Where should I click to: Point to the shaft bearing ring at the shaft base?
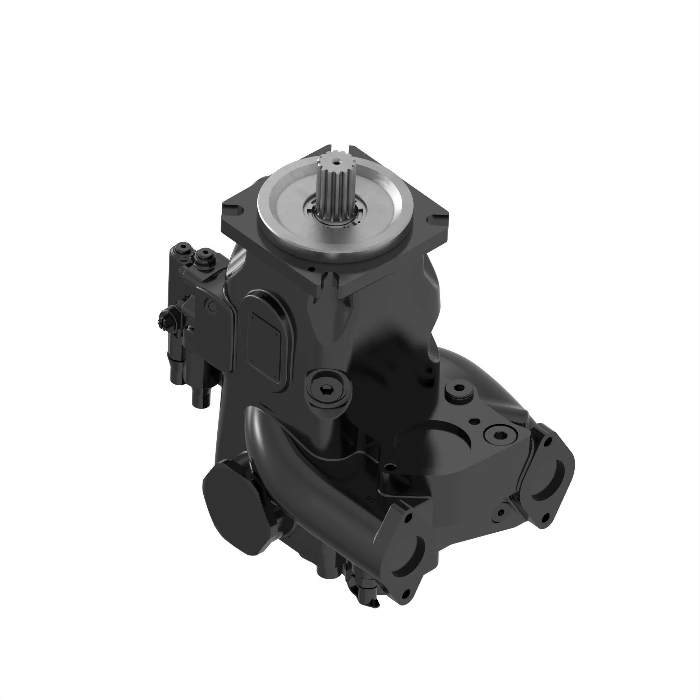click(x=335, y=216)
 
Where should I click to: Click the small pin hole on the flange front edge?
click(x=310, y=269)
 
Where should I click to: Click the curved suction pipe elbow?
click(x=275, y=446)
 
